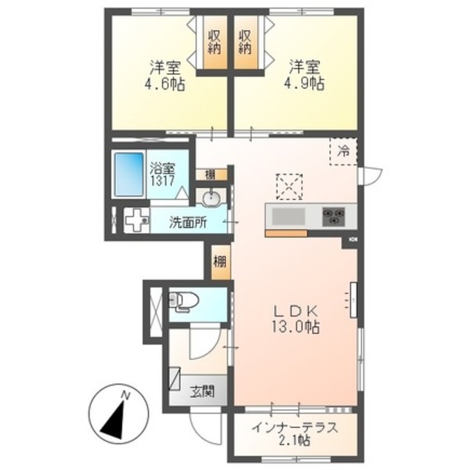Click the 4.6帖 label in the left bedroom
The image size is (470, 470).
point(164,76)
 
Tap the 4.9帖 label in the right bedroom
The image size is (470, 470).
point(304,76)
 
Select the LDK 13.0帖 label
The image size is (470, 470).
point(296,317)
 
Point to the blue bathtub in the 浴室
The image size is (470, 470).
point(129,176)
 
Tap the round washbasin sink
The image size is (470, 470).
point(212,198)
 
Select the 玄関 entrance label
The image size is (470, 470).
point(204,391)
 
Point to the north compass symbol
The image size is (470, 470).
point(116,415)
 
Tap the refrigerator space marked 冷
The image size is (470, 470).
point(343,152)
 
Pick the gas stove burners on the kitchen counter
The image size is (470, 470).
point(336,217)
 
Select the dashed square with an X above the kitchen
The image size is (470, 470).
point(289,186)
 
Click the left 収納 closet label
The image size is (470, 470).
point(214,43)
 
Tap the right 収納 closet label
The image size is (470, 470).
point(246,43)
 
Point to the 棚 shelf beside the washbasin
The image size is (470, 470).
point(210,174)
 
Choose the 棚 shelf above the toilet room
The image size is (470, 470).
point(219,261)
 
